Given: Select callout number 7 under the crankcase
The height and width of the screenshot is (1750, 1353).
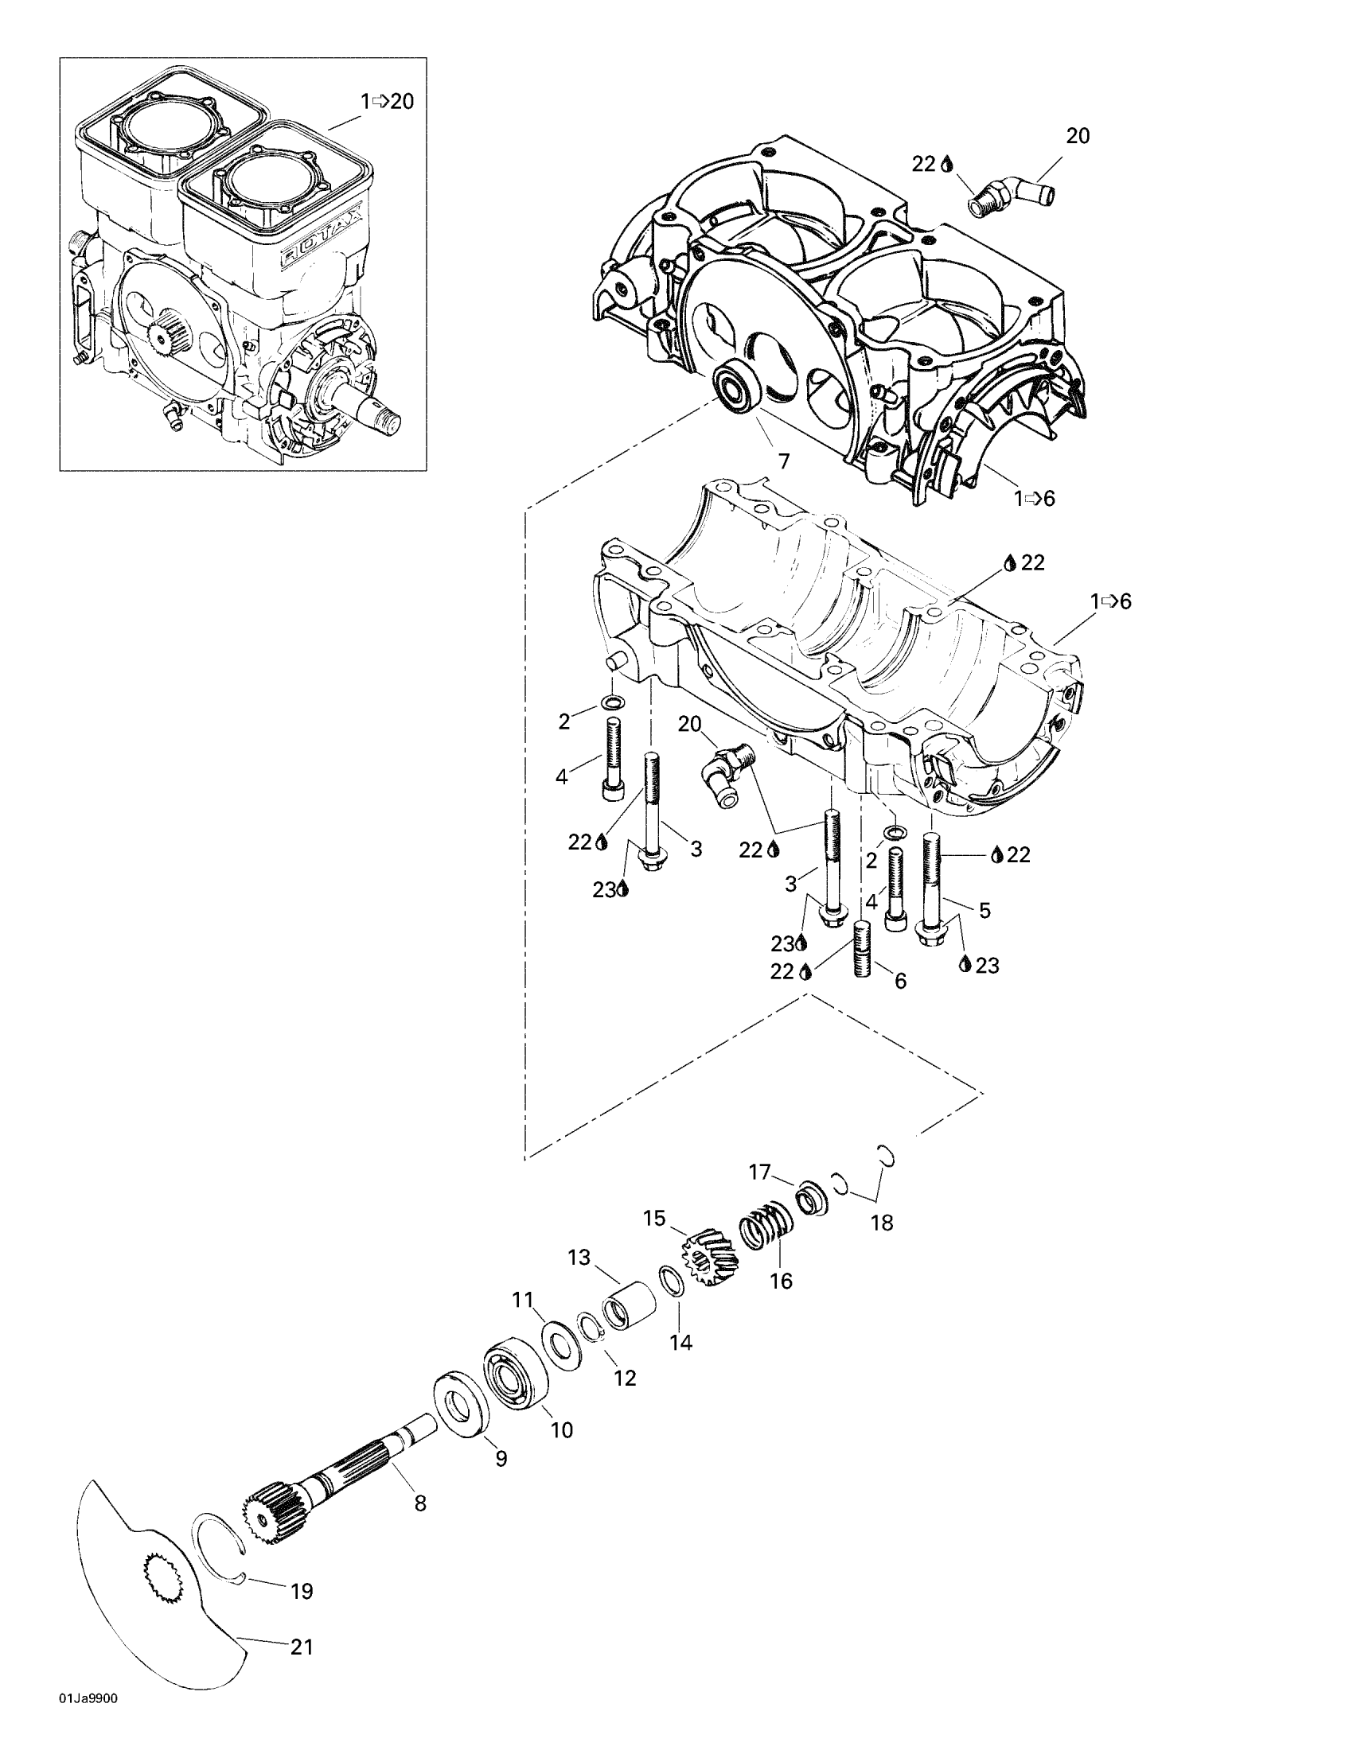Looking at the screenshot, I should tap(783, 461).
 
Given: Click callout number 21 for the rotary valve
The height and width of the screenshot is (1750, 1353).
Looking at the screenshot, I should tap(302, 1647).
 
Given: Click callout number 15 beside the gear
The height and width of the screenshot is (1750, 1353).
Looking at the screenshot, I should tap(654, 1219).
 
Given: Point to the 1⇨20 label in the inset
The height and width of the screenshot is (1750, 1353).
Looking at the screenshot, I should tap(387, 102).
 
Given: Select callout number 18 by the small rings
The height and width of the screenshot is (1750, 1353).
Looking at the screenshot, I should tap(882, 1223).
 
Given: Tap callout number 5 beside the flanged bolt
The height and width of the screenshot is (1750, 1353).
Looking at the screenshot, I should tap(985, 910).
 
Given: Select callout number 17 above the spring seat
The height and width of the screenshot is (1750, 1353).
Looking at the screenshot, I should tap(759, 1172).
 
